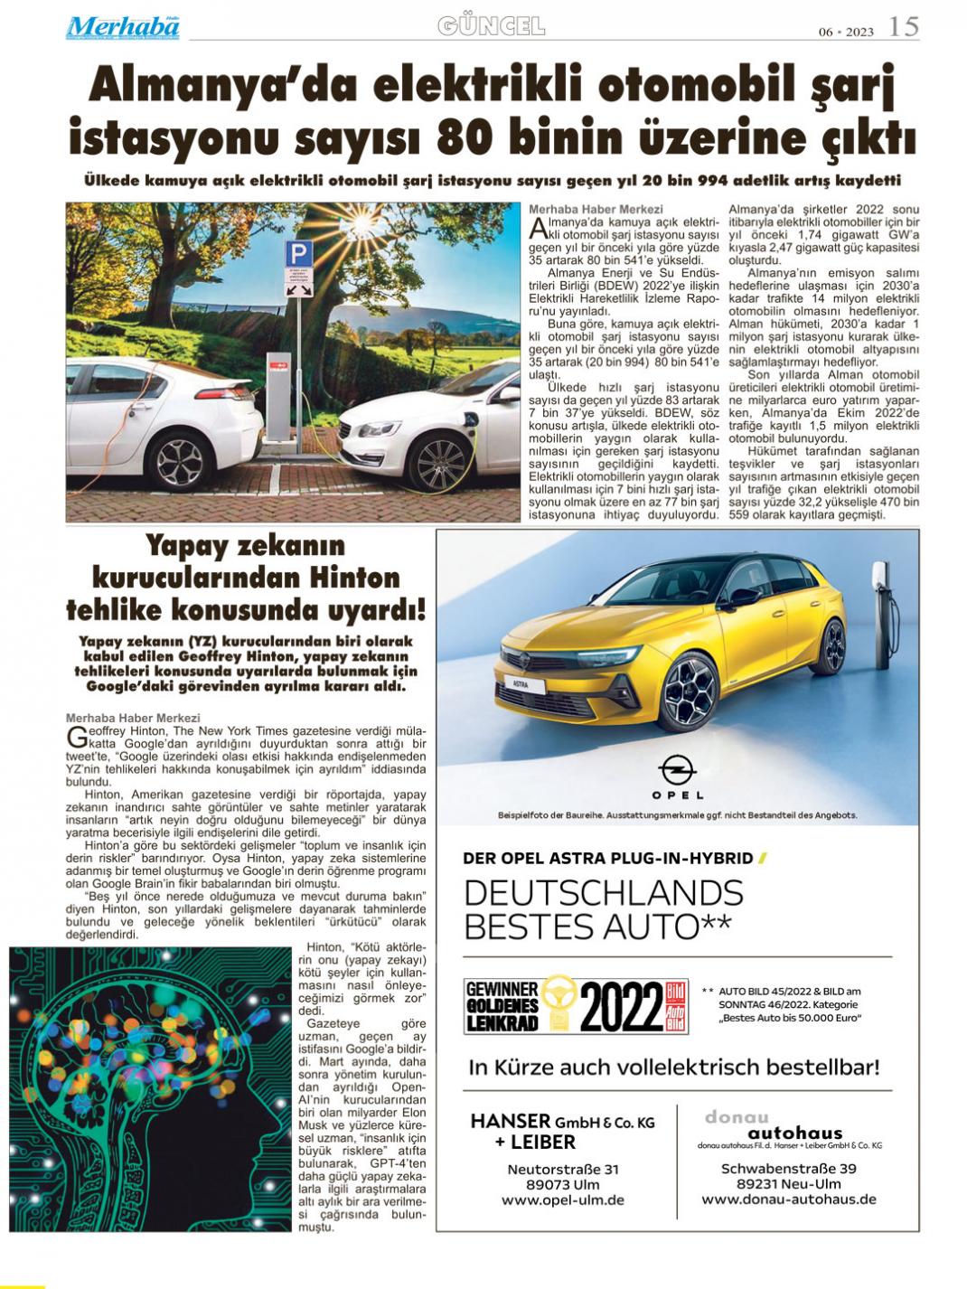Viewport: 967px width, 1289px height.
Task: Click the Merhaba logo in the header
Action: click(x=122, y=27)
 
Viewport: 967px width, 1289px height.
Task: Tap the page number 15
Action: click(x=903, y=26)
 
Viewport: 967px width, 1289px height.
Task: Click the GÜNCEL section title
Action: click(x=491, y=26)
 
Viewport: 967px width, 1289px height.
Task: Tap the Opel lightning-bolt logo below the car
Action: click(x=677, y=769)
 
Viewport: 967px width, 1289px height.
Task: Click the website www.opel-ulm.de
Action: click(x=563, y=1200)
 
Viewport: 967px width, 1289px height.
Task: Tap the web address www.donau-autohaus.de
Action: click(x=788, y=1200)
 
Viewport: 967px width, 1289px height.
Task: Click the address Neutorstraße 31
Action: click(x=563, y=1169)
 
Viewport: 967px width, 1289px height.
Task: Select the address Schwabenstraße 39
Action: click(x=788, y=1168)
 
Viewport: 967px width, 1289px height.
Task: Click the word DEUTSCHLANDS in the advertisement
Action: click(x=603, y=893)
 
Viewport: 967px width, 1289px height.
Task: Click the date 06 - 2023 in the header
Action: click(x=846, y=32)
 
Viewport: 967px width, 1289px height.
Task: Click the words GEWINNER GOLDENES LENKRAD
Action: click(x=502, y=1006)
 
